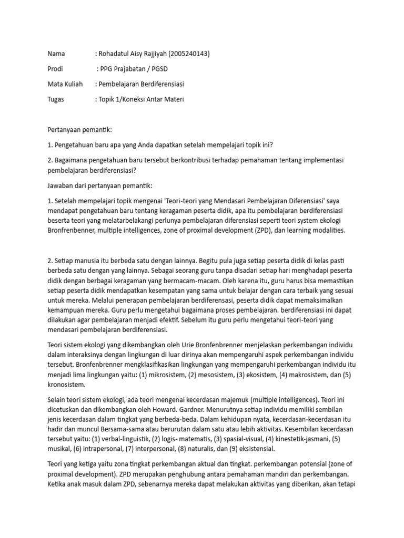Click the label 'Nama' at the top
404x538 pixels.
(56, 54)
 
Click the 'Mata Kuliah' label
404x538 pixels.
(65, 84)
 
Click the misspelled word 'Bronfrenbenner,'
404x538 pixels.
(72, 231)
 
